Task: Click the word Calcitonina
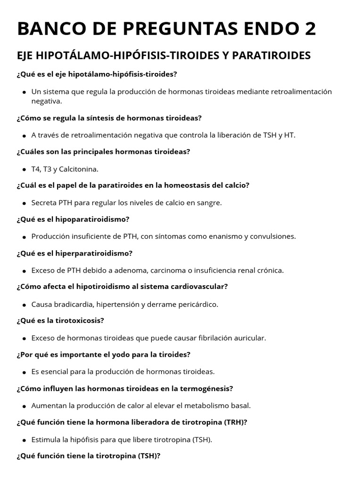coord(79,169)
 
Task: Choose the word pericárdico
coord(197,304)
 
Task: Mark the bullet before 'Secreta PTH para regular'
coord(24,203)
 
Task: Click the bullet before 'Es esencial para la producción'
coord(24,372)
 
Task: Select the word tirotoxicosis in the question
coord(81,321)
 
